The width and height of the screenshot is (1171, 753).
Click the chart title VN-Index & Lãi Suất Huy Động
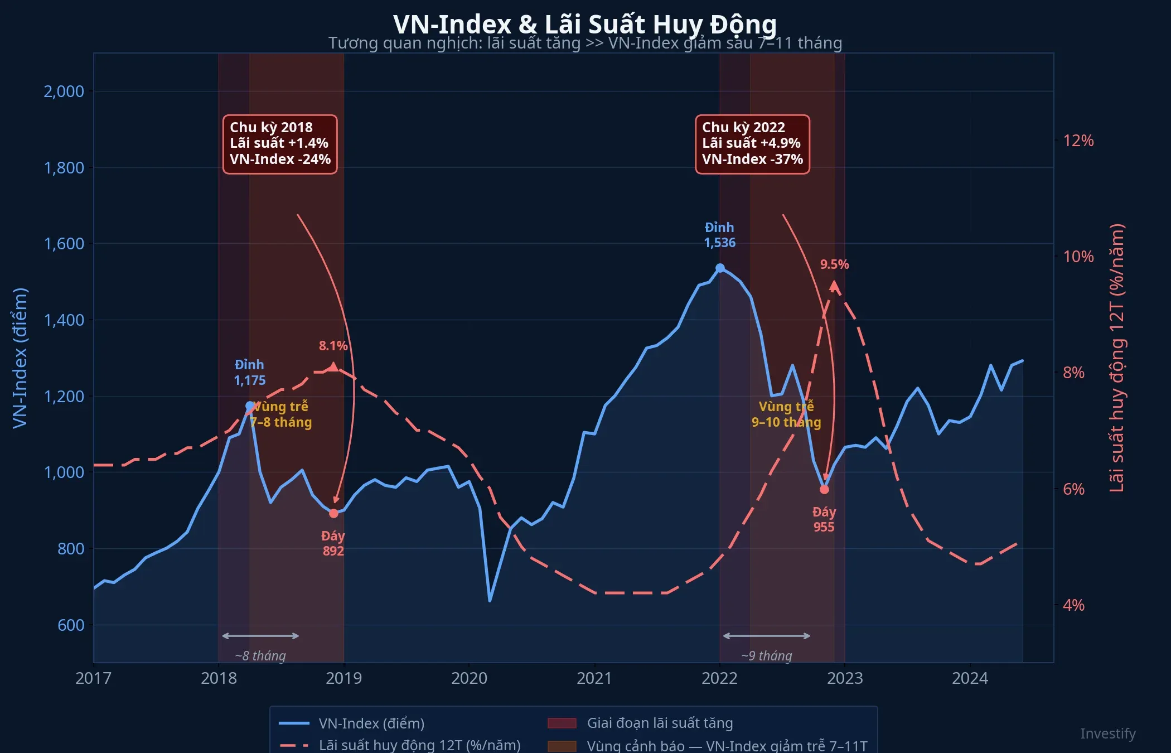[584, 23]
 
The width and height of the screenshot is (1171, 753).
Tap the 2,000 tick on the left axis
[64, 91]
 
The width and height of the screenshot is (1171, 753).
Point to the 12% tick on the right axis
[1078, 141]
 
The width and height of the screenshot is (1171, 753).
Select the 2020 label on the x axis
[468, 678]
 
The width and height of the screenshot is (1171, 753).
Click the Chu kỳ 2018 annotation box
[280, 144]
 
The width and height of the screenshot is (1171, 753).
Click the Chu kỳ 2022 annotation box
[752, 144]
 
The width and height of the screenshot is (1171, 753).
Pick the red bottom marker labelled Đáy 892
[333, 513]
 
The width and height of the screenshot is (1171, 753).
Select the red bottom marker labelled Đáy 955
[824, 489]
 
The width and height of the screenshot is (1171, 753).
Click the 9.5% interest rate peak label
[834, 264]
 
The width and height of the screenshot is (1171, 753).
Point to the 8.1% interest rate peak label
[333, 346]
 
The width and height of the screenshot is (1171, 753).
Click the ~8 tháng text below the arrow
[260, 656]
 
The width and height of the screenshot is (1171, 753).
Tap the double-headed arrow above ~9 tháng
[767, 636]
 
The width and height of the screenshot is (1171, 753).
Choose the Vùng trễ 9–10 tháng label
[786, 414]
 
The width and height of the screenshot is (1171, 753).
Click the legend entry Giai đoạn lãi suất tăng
[660, 723]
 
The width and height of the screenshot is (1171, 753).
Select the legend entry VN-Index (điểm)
[371, 723]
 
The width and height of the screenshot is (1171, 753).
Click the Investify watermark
[1107, 733]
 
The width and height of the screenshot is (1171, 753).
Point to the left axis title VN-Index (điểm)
[20, 358]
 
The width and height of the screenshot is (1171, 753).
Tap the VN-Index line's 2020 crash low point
[490, 600]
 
